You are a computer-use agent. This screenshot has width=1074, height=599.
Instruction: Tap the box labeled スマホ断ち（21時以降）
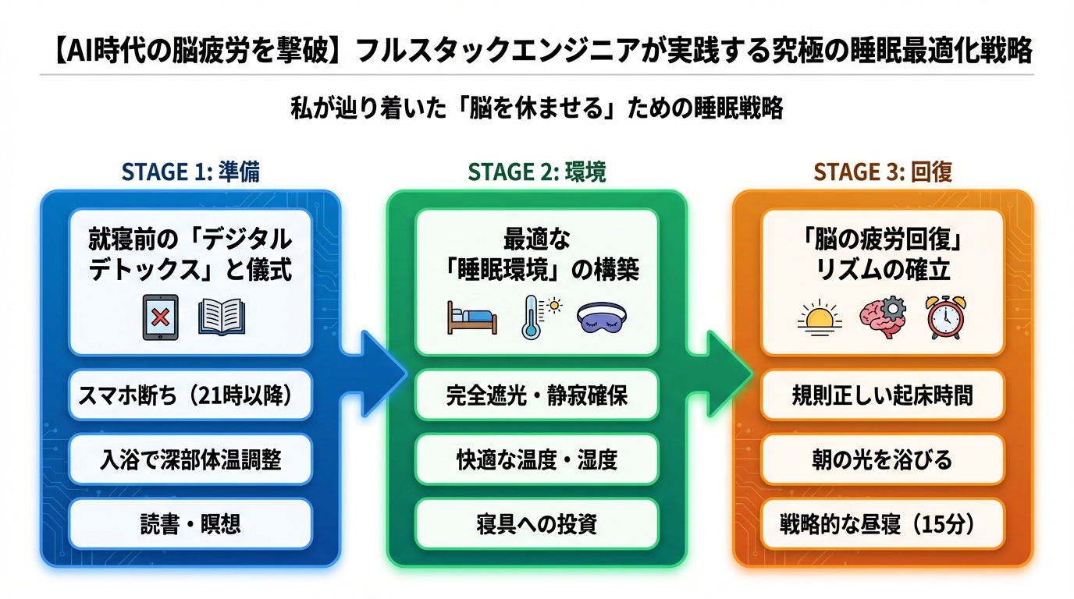click(x=190, y=396)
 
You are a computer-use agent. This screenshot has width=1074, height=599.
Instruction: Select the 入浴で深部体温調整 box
click(x=190, y=459)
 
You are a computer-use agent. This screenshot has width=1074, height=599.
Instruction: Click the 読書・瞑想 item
click(x=190, y=523)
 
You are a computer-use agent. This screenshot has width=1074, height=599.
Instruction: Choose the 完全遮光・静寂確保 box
click(x=536, y=396)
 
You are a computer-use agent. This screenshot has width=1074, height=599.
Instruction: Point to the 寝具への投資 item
click(x=536, y=523)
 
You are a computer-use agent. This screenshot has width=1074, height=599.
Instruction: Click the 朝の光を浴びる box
click(x=882, y=459)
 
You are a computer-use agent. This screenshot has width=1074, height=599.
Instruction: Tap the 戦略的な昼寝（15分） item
click(x=882, y=523)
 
